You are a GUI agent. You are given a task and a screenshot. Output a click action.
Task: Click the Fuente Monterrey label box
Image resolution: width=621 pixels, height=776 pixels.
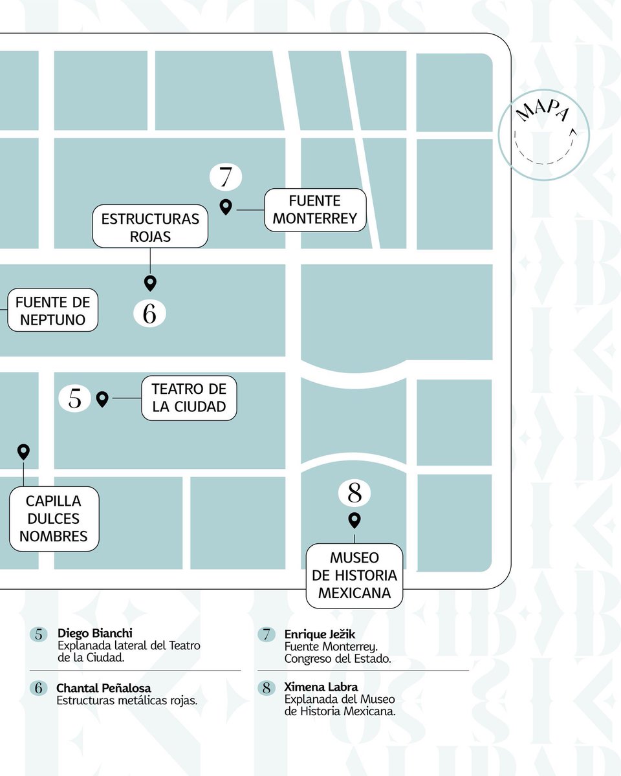point(315,210)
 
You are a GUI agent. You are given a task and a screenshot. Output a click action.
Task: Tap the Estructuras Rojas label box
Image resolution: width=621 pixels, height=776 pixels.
point(150,227)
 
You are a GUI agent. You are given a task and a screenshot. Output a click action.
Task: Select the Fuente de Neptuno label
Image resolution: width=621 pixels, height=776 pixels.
point(53,311)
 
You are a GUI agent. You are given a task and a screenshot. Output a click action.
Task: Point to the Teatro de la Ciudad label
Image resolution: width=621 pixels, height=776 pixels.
point(189,398)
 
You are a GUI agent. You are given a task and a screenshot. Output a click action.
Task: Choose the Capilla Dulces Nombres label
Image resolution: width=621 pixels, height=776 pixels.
point(54,519)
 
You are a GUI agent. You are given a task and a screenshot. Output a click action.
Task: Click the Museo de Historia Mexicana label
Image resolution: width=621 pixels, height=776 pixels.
point(354,576)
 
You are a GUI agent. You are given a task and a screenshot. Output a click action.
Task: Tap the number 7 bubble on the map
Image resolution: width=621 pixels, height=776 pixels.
point(226,177)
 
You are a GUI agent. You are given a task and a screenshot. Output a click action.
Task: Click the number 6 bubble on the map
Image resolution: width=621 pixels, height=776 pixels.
point(149,314)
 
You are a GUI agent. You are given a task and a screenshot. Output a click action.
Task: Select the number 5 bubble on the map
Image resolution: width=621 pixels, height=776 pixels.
point(75,398)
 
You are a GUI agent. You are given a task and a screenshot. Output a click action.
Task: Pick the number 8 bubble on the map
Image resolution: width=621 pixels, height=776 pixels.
point(354,493)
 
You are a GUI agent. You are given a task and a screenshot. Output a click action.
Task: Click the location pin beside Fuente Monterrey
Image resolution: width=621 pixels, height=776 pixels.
point(226,207)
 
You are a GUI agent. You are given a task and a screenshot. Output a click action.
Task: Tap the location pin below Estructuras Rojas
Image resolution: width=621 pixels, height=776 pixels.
point(150,283)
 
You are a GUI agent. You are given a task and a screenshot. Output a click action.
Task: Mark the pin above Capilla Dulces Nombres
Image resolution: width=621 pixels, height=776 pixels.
point(23,451)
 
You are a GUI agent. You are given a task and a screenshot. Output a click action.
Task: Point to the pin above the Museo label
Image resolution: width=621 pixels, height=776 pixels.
point(354,519)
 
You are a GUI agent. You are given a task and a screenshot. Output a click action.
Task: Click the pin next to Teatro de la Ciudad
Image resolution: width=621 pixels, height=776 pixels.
point(102,399)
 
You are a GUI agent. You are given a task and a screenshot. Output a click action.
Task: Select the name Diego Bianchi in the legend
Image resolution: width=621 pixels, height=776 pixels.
point(95,633)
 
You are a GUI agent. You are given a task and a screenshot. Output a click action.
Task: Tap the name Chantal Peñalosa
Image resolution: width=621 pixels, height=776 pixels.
point(103,687)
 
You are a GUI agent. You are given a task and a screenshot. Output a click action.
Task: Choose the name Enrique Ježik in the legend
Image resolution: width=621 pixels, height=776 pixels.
point(320,634)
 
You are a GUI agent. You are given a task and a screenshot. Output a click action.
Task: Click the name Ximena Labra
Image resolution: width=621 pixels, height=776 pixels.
point(321,687)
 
